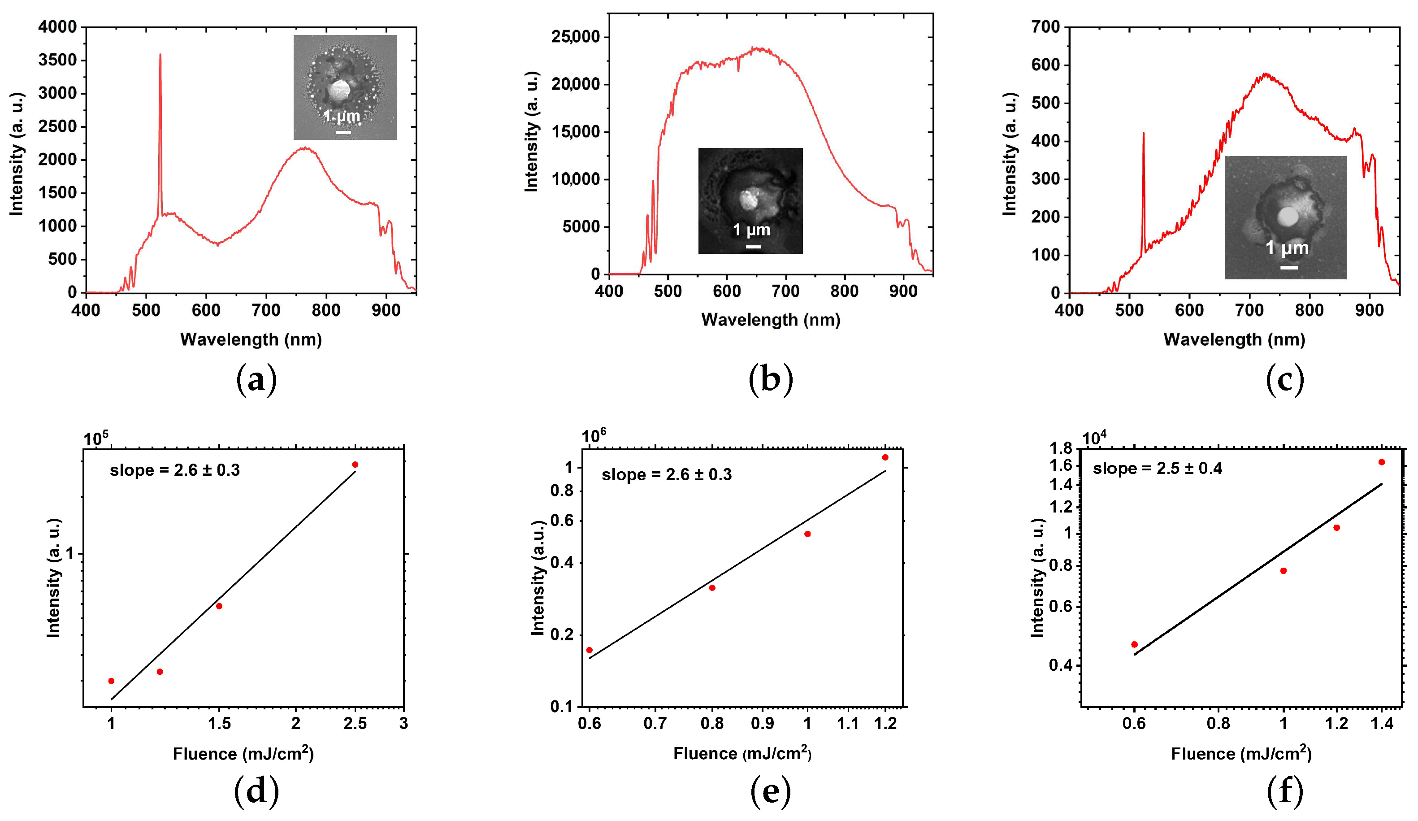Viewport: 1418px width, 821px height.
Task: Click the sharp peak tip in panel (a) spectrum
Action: [x=160, y=55]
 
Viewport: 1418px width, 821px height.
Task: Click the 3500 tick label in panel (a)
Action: [x=57, y=60]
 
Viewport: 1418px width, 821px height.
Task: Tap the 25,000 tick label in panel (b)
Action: [x=576, y=37]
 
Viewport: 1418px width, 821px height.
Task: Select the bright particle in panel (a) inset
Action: [x=339, y=91]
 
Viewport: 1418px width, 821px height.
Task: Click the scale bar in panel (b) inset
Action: [x=753, y=247]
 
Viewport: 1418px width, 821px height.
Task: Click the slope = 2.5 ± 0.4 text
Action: [x=1157, y=469]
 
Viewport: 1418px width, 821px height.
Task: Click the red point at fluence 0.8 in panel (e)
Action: [x=712, y=588]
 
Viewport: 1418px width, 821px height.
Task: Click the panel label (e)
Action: [x=770, y=791]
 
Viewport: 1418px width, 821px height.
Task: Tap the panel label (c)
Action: [x=1285, y=380]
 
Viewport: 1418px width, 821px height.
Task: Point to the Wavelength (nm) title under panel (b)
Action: [x=770, y=320]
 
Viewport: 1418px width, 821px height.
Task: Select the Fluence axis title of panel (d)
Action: [x=243, y=753]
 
